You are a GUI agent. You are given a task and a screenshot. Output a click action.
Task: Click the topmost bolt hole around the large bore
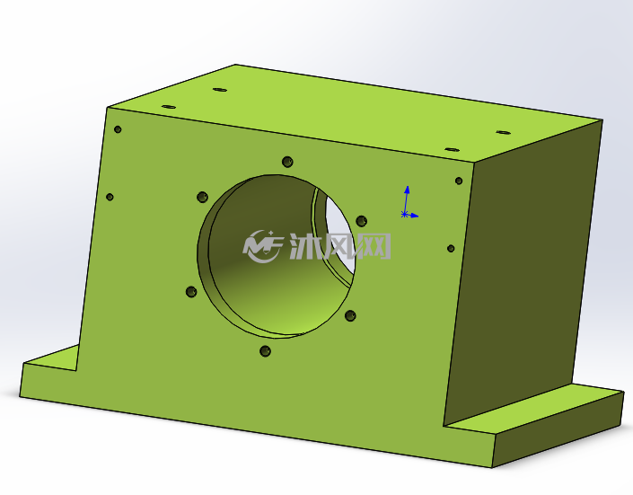pyautogui.click(x=287, y=163)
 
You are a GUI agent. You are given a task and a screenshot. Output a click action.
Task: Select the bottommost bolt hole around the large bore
pyautogui.click(x=265, y=351)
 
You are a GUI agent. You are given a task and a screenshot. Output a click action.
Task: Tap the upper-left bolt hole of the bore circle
pyautogui.click(x=202, y=198)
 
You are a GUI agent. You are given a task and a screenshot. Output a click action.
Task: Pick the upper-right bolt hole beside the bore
pyautogui.click(x=361, y=221)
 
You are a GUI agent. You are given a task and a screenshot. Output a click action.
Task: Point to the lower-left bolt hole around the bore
pyautogui.click(x=191, y=292)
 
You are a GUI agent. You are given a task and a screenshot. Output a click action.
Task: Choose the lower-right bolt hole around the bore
pyautogui.click(x=350, y=315)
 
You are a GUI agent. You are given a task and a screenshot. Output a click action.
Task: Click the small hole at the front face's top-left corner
pyautogui.click(x=118, y=129)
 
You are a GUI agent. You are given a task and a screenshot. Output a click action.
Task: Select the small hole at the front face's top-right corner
pyautogui.click(x=459, y=181)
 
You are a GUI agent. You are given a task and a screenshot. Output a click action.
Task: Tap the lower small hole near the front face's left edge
pyautogui.click(x=110, y=197)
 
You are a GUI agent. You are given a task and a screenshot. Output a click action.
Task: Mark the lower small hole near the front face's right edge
pyautogui.click(x=451, y=249)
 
